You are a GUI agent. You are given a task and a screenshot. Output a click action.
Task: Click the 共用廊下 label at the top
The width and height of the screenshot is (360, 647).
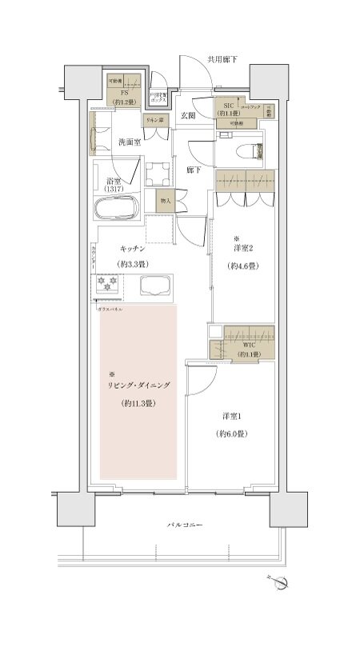[223, 58]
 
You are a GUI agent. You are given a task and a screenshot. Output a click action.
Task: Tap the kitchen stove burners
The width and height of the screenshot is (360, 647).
[107, 282]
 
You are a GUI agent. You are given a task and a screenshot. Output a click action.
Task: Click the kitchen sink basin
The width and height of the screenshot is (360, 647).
[155, 286]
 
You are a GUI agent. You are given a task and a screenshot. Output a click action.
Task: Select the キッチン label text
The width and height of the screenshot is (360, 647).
[132, 248]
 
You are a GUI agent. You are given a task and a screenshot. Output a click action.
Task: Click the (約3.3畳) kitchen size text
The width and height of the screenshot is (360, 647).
[132, 264]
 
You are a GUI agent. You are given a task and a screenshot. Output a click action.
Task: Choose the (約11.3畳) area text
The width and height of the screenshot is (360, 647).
[138, 404]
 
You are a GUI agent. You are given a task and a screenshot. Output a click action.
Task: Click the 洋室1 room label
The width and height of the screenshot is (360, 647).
[231, 416]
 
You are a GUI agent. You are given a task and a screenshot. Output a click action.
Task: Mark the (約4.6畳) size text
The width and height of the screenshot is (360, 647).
[240, 266]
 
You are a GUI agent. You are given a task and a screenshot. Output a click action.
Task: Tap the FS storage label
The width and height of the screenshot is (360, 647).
[124, 93]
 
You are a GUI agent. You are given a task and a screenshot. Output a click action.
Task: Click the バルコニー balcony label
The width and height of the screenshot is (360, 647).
[184, 525]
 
